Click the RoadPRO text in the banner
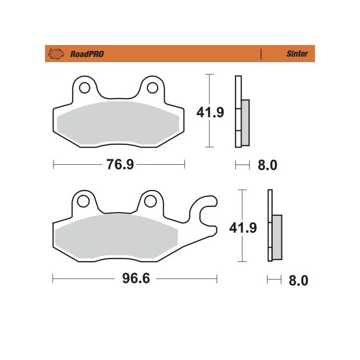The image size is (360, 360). pyautogui.click(x=87, y=54)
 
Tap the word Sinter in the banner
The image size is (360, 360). pyautogui.click(x=297, y=54)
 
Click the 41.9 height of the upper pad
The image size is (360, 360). pyautogui.click(x=210, y=112)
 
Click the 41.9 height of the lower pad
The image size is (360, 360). pyautogui.click(x=243, y=228)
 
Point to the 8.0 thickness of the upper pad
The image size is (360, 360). pyautogui.click(x=267, y=165)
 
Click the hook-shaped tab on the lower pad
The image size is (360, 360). pyautogui.click(x=206, y=211)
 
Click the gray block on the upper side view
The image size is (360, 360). pyautogui.click(x=245, y=122)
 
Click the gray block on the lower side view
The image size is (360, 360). pyautogui.click(x=277, y=237)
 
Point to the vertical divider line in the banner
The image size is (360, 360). pyautogui.click(x=261, y=54)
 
